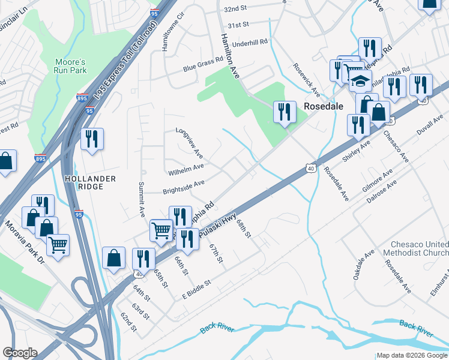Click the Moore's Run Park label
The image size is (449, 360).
(71, 66)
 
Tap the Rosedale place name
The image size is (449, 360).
(323, 106)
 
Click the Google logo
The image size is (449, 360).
(19, 353)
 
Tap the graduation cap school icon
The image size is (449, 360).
(360, 82)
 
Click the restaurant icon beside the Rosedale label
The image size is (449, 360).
(285, 112)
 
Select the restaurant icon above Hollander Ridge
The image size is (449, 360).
(92, 139)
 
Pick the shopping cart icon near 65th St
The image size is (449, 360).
(161, 230)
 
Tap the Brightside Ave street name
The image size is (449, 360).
(184, 187)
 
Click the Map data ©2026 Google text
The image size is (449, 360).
(411, 355)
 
